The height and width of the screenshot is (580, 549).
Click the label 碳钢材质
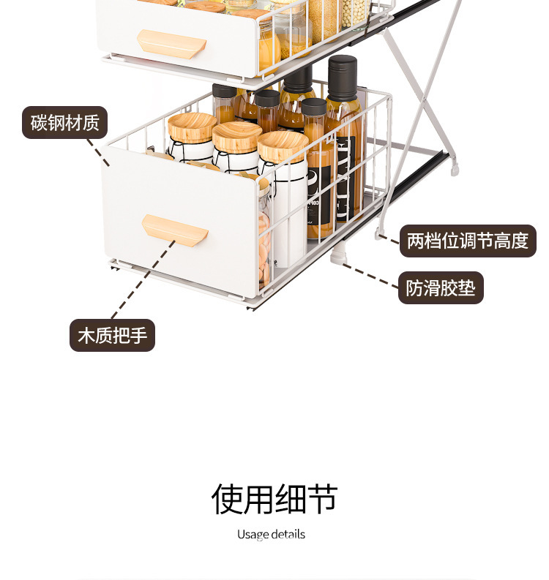click(64, 122)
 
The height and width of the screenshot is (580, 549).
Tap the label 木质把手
click(112, 336)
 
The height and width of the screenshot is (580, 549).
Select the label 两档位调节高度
click(467, 241)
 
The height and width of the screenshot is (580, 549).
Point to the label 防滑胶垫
click(441, 287)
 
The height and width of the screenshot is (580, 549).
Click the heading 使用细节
click(274, 499)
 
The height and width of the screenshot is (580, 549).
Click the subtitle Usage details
click(271, 534)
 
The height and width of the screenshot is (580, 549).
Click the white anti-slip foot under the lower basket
click(337, 256)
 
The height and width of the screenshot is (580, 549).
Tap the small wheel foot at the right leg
click(455, 171)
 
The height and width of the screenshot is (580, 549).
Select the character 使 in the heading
click(226, 499)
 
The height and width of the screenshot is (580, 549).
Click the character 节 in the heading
click(323, 499)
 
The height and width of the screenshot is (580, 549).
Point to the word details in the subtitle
click(288, 534)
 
